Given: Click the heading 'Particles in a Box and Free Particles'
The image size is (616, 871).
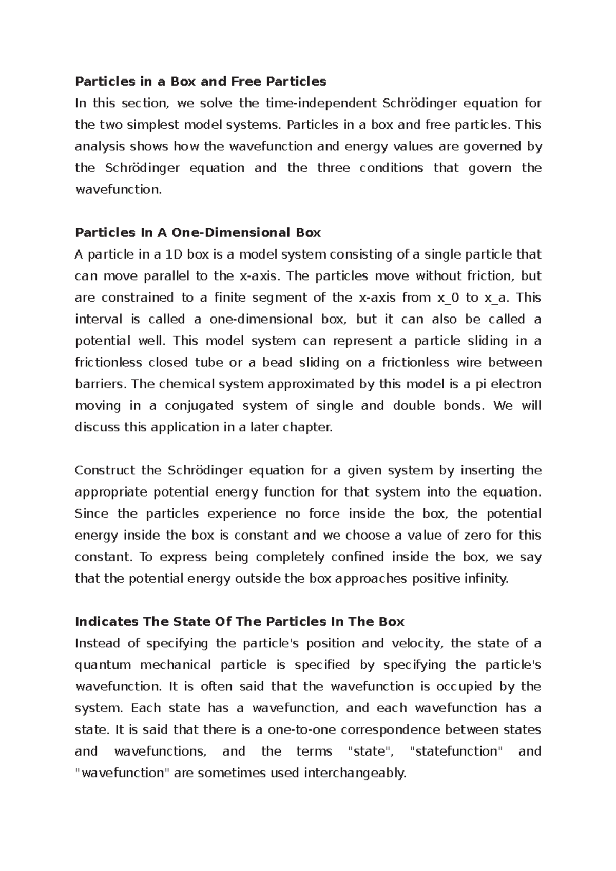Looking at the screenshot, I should click(x=200, y=82).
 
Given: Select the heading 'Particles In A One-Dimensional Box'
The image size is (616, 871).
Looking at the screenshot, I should click(x=198, y=233).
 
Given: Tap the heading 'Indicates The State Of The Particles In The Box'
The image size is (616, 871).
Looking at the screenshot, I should click(x=239, y=622).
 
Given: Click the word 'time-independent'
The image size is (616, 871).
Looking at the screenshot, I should click(x=321, y=103).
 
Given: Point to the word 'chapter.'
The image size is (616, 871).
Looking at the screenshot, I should click(x=307, y=427).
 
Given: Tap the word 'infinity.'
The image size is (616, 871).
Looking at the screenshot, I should click(x=486, y=579).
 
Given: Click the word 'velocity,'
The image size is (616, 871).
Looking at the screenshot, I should click(x=414, y=643).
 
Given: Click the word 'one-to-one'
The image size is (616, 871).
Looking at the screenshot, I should click(x=304, y=729).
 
